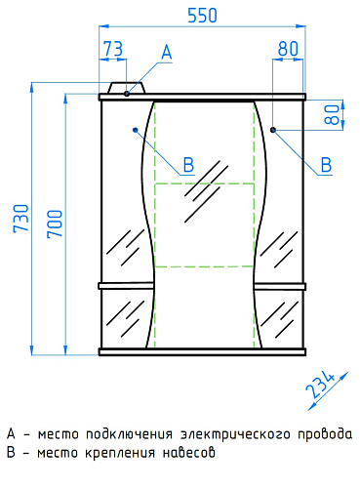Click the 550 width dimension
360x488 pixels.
[202, 16]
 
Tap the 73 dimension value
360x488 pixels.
[113, 49]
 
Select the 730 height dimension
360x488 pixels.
[21, 219]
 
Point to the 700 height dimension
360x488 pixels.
[55, 224]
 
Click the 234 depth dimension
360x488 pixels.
[320, 385]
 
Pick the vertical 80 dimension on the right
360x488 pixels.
[332, 114]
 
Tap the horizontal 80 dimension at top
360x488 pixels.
[288, 49]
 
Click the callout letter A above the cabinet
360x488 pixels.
[167, 52]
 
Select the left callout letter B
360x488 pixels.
[188, 164]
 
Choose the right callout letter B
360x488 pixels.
[326, 164]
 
